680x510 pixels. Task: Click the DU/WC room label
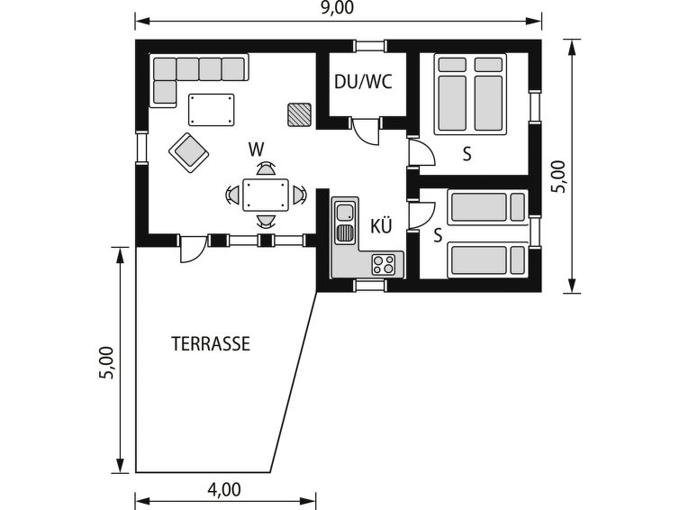click(x=363, y=82)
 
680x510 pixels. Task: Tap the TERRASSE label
click(x=211, y=344)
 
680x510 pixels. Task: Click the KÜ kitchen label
click(x=381, y=225)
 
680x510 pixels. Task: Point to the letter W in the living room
click(x=256, y=150)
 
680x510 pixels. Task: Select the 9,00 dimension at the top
click(x=337, y=8)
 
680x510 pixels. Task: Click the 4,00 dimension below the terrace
click(x=223, y=489)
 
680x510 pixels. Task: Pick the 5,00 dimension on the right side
click(x=558, y=177)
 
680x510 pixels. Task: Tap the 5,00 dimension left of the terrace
click(x=106, y=362)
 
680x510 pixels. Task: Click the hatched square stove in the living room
click(x=299, y=115)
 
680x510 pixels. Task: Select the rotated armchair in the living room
click(x=188, y=152)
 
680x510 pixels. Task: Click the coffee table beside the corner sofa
click(x=211, y=110)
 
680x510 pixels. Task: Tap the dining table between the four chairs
click(x=266, y=195)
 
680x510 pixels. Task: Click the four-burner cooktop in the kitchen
click(x=384, y=264)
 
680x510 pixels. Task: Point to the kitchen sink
click(x=346, y=213)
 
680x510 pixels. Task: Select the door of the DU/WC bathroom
click(x=365, y=130)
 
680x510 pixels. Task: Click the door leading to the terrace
click(x=192, y=249)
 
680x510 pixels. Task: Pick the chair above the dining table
click(x=266, y=168)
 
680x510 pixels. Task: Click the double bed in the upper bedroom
click(x=470, y=95)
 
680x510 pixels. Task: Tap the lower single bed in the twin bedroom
click(x=488, y=260)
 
